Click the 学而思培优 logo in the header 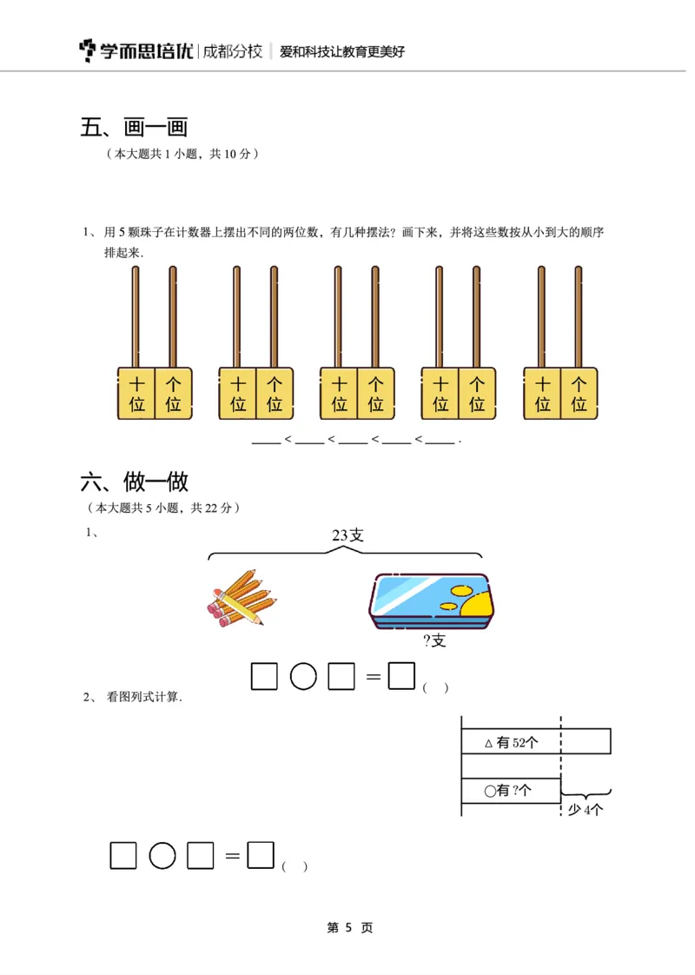click(x=136, y=51)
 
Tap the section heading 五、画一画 click(x=134, y=128)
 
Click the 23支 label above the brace click(x=347, y=535)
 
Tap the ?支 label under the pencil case click(x=434, y=641)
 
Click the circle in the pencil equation click(x=302, y=676)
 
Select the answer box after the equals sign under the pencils click(x=401, y=676)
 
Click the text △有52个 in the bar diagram click(x=512, y=742)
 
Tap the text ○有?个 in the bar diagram click(x=510, y=791)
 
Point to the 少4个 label click(x=586, y=810)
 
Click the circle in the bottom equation click(x=162, y=856)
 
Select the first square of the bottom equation click(x=123, y=856)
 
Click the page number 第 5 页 click(x=349, y=928)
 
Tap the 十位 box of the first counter click(x=136, y=393)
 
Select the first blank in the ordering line click(x=266, y=440)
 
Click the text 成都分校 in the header click(x=232, y=51)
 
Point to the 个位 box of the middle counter click(x=375, y=393)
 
